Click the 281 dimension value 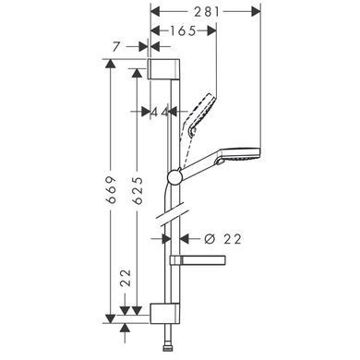[x=207, y=12]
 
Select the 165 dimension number [x=183, y=30]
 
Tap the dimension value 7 [x=115, y=47]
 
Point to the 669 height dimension [x=111, y=189]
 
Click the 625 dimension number [x=138, y=191]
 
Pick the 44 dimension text [x=160, y=112]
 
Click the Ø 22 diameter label [x=223, y=239]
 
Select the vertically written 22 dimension [x=126, y=279]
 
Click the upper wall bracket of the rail [x=164, y=68]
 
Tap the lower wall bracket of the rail [x=164, y=314]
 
